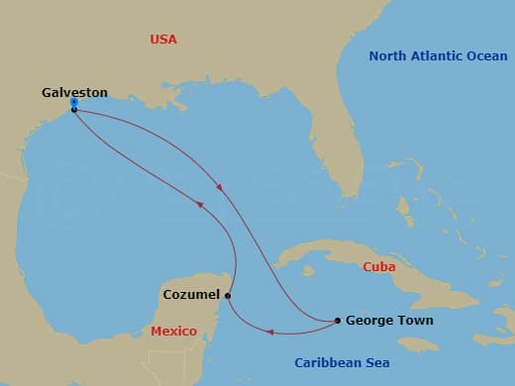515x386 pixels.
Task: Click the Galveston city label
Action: (74, 92)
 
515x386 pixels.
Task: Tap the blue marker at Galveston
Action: (74, 102)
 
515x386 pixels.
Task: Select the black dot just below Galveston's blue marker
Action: (74, 110)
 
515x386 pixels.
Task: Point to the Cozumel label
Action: (191, 295)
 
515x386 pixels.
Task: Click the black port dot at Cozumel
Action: (228, 295)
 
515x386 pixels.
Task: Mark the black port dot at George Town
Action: (338, 320)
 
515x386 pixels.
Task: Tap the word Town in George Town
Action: (415, 321)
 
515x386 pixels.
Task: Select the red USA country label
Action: (163, 40)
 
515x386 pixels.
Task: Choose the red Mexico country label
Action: (173, 332)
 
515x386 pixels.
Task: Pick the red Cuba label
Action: (379, 266)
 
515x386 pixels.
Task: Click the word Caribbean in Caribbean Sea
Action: (335, 362)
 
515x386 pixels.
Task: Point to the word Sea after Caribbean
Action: (377, 362)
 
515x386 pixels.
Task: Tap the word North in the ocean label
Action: (388, 56)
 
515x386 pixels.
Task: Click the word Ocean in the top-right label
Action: (485, 56)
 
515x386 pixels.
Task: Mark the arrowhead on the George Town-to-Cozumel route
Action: (271, 332)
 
